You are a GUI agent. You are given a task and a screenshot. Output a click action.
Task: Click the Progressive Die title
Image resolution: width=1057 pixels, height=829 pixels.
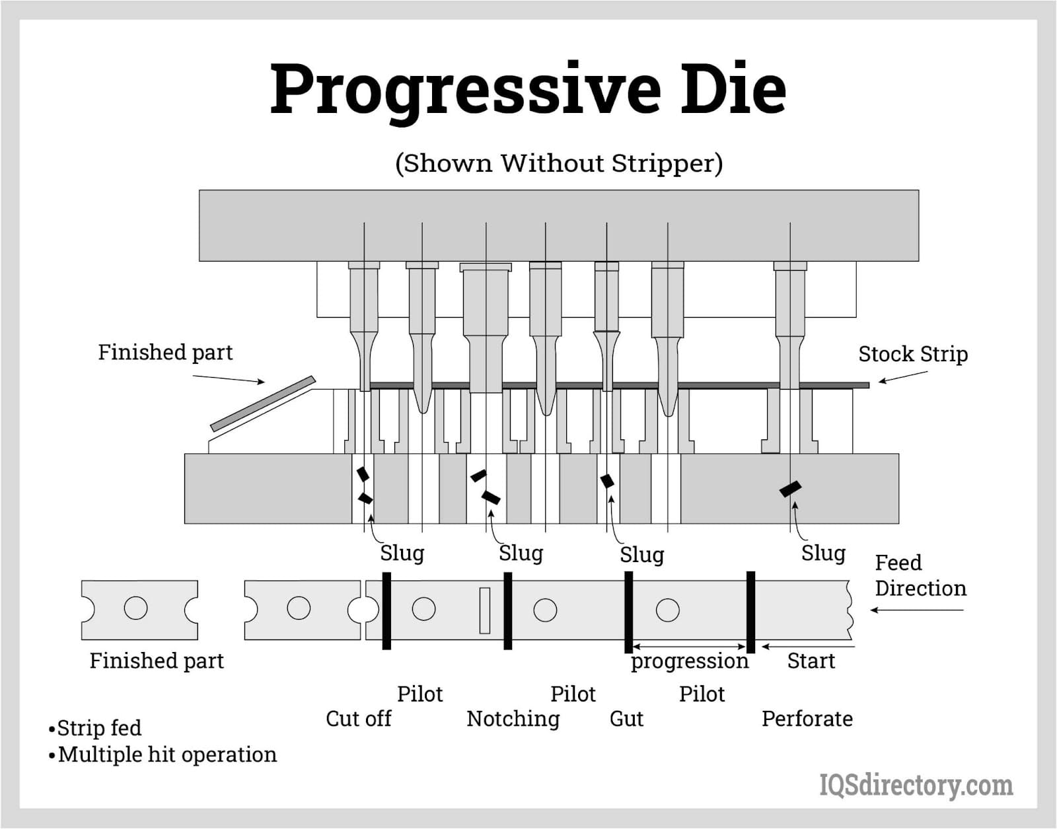[528, 89]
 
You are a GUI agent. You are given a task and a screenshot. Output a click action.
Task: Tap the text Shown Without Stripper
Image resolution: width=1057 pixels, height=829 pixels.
[559, 163]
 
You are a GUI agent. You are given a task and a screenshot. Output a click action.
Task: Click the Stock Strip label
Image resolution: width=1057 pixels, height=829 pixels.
[912, 354]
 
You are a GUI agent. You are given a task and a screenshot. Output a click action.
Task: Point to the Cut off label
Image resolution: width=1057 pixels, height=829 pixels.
[358, 719]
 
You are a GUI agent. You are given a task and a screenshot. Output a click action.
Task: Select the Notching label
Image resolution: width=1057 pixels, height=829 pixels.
[513, 719]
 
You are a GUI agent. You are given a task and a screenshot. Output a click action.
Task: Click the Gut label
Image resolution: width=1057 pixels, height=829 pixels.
[626, 719]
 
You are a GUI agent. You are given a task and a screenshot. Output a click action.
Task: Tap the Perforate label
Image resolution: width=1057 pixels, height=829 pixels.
[807, 719]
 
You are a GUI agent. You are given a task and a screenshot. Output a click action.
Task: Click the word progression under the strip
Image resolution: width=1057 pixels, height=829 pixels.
[689, 661]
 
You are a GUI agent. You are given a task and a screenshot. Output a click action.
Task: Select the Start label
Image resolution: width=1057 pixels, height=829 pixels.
[811, 661]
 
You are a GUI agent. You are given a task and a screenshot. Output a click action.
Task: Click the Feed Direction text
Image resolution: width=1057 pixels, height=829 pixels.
[920, 575]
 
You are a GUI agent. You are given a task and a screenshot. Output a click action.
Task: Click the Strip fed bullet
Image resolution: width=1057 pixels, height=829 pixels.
[95, 728]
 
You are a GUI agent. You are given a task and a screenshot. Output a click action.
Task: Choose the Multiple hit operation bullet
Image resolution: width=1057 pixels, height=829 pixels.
[163, 754]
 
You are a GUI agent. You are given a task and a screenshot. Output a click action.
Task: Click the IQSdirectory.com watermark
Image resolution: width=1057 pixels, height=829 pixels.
[916, 785]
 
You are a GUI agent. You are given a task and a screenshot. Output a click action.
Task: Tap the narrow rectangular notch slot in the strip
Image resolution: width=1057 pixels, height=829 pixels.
[485, 610]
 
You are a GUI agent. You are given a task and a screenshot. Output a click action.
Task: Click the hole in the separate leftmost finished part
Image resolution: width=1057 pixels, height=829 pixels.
[136, 608]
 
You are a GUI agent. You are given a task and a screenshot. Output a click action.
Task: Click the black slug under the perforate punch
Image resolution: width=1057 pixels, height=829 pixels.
[790, 488]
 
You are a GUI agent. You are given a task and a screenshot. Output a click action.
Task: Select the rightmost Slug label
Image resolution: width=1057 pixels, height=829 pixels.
[823, 553]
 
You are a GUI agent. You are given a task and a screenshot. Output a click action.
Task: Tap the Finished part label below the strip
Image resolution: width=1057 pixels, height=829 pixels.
[157, 661]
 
